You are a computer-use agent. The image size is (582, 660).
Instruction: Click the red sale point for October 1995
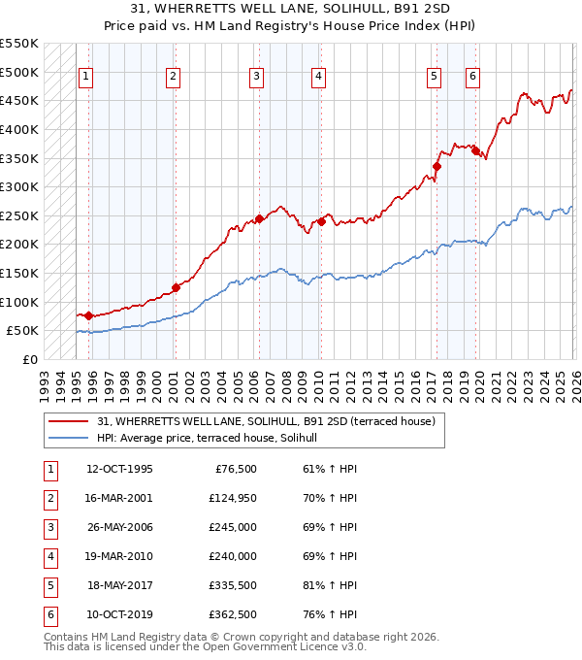click(x=88, y=315)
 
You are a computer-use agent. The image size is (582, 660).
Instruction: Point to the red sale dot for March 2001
click(x=176, y=287)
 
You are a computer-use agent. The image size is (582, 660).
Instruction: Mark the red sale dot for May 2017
click(x=436, y=166)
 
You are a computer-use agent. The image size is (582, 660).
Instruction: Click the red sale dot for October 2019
click(x=475, y=150)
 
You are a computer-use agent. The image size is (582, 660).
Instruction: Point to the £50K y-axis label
click(x=22, y=330)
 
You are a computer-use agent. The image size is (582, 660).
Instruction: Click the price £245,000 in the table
click(x=233, y=528)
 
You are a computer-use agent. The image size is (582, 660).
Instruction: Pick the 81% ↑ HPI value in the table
click(x=330, y=586)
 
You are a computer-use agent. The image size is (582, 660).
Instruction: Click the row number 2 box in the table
click(x=48, y=499)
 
